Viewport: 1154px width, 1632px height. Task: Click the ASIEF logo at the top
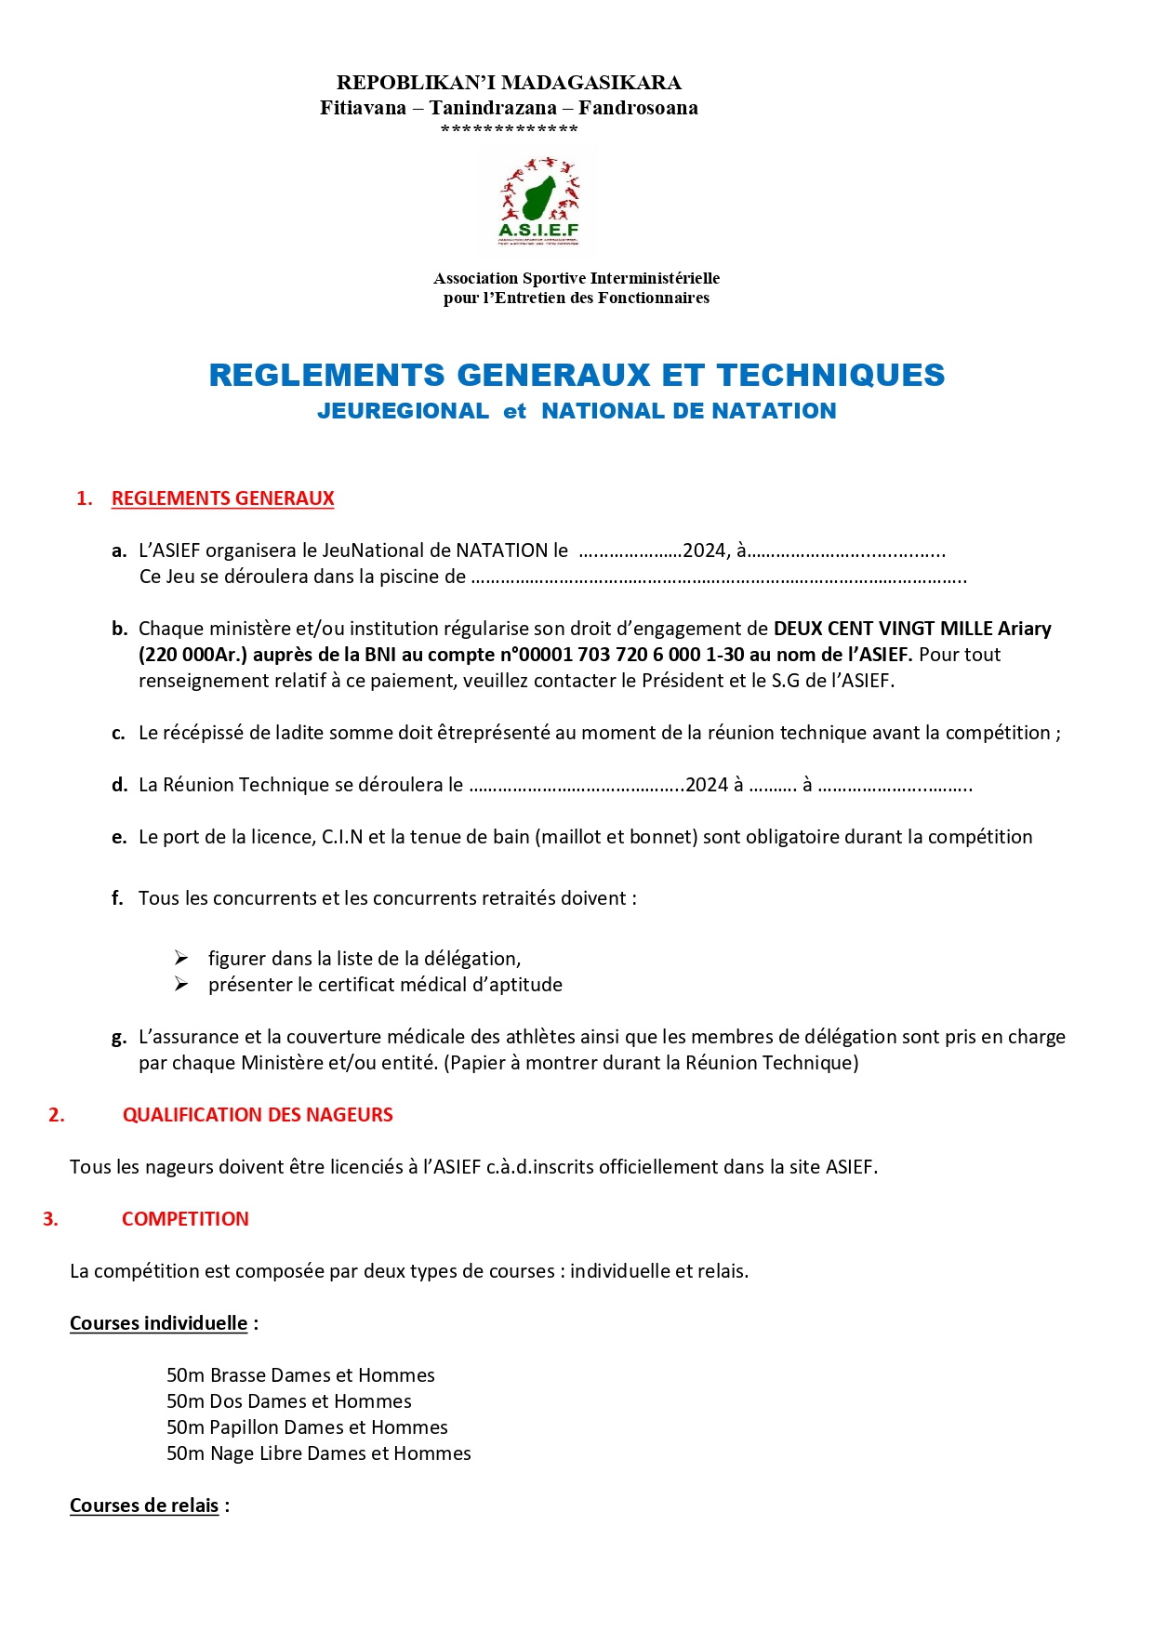click(x=539, y=202)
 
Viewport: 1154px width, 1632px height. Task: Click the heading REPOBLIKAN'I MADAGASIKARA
click(x=509, y=83)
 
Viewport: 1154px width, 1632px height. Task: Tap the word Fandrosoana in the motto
click(x=638, y=108)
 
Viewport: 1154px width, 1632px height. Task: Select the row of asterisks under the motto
click(x=509, y=129)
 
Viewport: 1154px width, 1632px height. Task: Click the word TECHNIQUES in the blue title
click(x=830, y=375)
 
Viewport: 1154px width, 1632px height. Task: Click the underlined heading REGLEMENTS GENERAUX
click(x=222, y=498)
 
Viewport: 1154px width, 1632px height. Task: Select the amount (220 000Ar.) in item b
click(x=193, y=655)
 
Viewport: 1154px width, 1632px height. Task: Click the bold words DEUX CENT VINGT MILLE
click(x=883, y=629)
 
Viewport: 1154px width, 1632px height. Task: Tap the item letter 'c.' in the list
click(x=118, y=733)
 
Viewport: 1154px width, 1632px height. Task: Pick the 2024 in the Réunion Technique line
click(x=707, y=785)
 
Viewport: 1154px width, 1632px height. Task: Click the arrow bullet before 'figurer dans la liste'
click(x=181, y=959)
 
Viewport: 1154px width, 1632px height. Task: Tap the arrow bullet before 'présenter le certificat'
click(x=181, y=985)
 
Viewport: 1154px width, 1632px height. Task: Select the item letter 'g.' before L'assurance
click(x=118, y=1038)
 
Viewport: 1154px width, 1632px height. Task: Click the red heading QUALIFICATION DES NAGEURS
click(x=258, y=1115)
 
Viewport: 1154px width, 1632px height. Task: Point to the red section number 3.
click(x=50, y=1219)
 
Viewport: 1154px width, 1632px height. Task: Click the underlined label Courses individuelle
click(x=158, y=1323)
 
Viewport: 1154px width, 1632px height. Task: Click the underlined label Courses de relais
click(x=144, y=1506)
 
